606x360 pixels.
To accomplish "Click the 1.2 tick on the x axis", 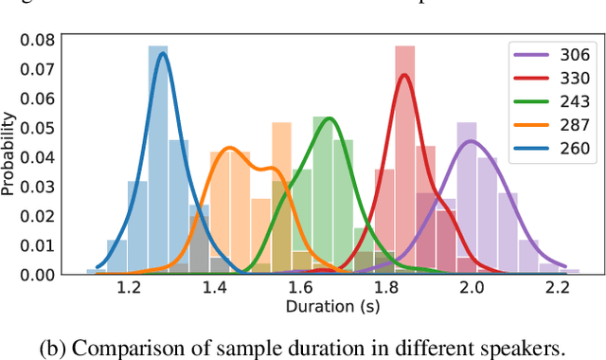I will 130,290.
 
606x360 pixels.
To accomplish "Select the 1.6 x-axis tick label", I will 300,290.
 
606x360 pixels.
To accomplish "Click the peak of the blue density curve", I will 163,53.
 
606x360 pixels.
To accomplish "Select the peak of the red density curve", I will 405,75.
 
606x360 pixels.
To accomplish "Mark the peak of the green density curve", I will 329,117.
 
